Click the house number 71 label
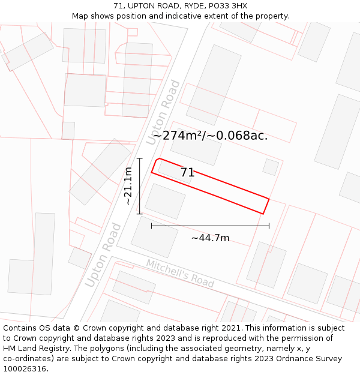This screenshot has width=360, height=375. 187,173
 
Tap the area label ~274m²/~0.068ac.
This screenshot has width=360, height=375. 210,136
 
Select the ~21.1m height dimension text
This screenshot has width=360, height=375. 128,186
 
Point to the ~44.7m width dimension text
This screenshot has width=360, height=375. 210,238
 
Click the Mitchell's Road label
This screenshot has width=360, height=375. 180,273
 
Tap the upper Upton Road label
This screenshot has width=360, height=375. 163,112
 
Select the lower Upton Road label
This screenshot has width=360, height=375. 103,254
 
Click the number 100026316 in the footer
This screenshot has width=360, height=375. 26,369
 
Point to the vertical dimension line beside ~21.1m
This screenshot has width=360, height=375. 139,186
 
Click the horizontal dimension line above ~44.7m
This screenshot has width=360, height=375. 210,226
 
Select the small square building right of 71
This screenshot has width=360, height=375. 271,167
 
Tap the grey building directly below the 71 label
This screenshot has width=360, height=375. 165,201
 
